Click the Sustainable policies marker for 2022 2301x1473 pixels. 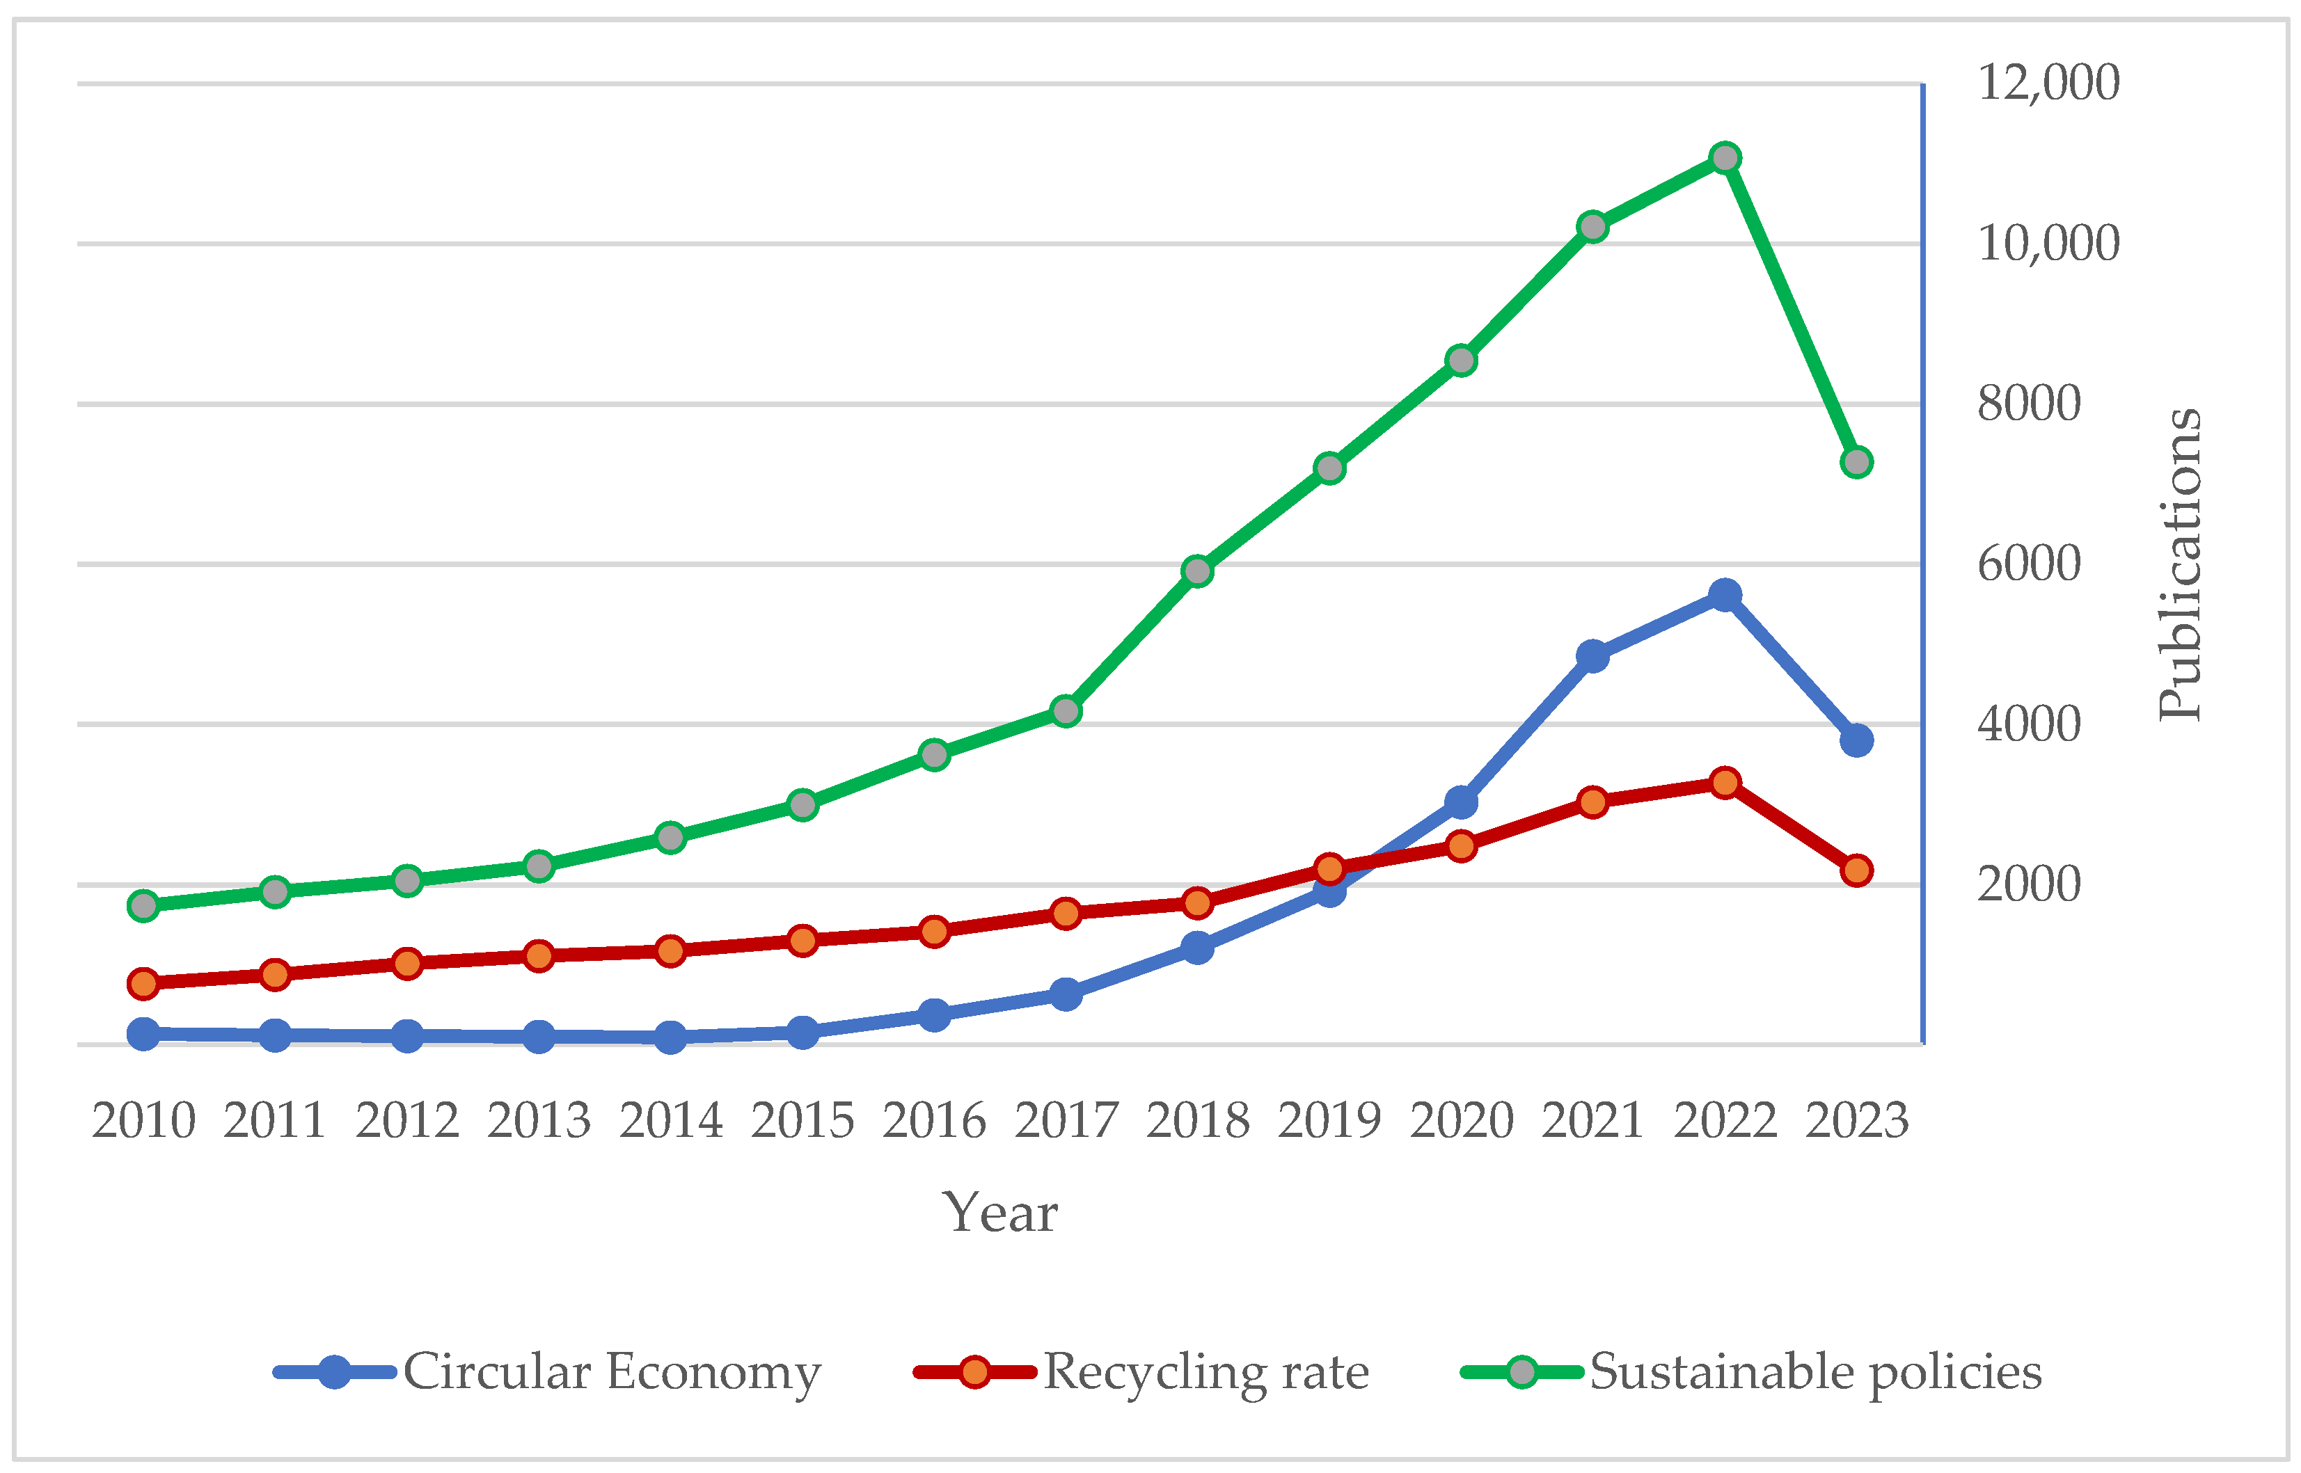point(1725,158)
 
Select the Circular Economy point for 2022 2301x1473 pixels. point(1725,595)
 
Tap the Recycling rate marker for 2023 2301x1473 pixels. point(1857,870)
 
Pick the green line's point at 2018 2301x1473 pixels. point(1198,571)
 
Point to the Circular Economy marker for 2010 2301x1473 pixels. point(143,1034)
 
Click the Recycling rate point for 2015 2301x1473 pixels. point(802,940)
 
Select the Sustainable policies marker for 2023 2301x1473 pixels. point(1857,462)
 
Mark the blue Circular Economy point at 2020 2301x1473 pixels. point(1461,802)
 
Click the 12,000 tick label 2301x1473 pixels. point(2048,83)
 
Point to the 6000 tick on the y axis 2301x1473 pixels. point(2028,564)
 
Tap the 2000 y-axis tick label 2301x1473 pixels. point(2028,885)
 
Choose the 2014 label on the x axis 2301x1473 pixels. point(671,1121)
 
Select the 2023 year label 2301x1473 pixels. point(1857,1121)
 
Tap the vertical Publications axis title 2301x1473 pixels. point(2181,564)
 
